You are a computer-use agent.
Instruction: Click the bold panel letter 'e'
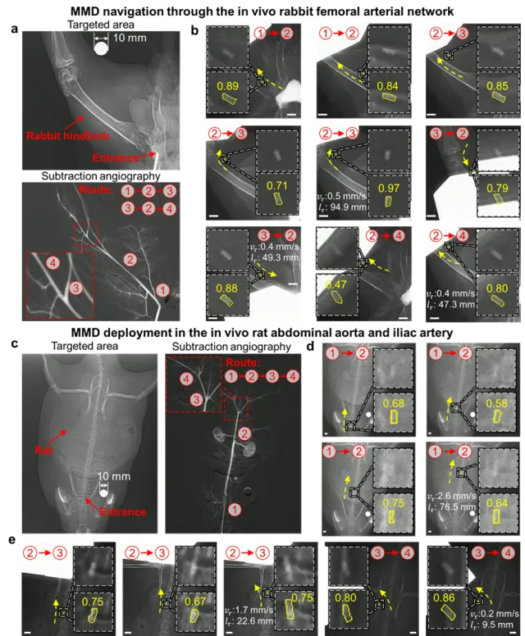[10, 540]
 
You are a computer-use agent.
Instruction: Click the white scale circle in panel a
[101, 49]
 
